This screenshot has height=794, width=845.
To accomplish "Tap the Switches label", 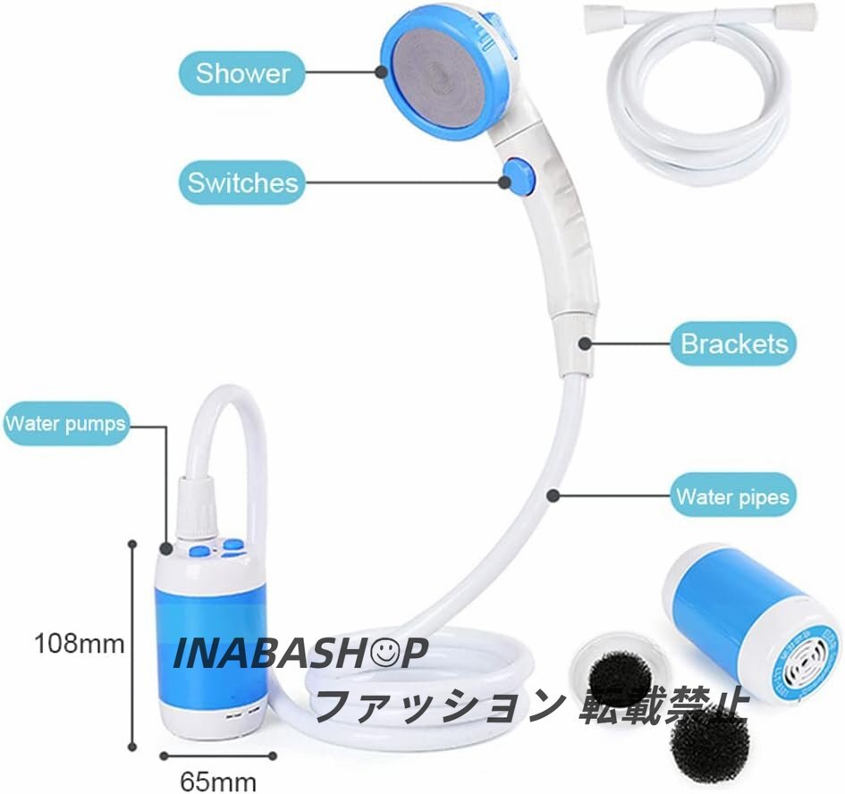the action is [241, 183].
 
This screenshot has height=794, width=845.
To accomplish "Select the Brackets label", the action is [733, 343].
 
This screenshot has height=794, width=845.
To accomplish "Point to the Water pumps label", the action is [65, 422].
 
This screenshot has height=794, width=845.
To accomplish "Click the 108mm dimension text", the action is [79, 642].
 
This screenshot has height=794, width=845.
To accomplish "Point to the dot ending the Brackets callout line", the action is [583, 342].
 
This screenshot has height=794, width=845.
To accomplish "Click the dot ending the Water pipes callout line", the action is [554, 494].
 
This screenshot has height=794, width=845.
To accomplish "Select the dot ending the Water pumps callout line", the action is [166, 549].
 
